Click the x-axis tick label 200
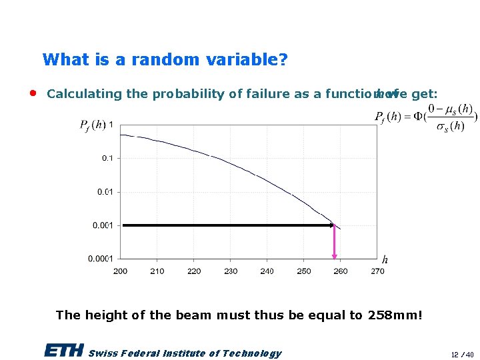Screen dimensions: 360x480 click(121, 271)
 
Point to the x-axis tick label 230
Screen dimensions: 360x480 click(231, 271)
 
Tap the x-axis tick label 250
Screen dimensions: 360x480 click(304, 271)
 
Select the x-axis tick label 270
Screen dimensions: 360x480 click(377, 271)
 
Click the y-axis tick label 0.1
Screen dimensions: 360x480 click(107, 158)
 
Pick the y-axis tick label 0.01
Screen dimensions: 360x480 click(105, 192)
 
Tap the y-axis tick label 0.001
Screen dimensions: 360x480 click(103, 225)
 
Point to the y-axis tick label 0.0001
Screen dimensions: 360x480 click(101, 259)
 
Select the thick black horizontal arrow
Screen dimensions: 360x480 click(227, 225)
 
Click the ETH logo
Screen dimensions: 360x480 click(64, 351)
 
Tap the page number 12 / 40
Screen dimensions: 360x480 click(461, 355)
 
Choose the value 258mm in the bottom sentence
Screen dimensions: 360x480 click(395, 315)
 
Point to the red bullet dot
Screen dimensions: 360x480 click(33, 93)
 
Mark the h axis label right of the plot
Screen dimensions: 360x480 click(385, 259)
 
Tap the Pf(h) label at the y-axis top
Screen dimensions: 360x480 click(92, 125)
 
